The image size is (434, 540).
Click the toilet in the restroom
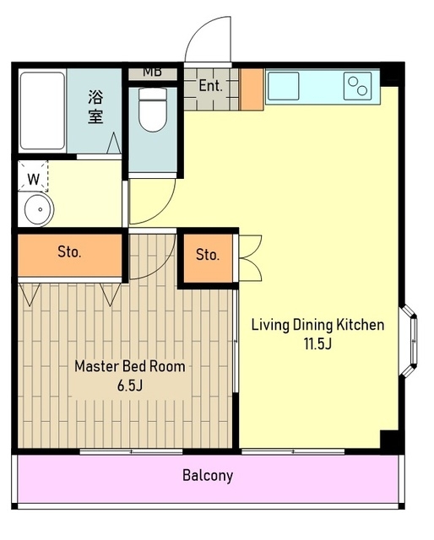coord(153,109)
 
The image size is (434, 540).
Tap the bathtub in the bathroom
coord(42,111)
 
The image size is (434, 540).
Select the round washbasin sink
coord(39,209)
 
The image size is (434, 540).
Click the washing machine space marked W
coord(33,179)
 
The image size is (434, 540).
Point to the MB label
coord(153,72)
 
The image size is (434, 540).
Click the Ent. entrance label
coord(210,85)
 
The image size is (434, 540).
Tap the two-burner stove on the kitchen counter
coord(357,86)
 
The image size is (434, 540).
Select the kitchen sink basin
coord(284,86)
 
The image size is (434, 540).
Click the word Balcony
coord(208,475)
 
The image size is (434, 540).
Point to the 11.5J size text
coord(317,343)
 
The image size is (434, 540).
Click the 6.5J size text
coord(130,386)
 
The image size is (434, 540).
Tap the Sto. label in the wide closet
coord(69,252)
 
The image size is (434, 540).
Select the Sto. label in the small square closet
coord(208,255)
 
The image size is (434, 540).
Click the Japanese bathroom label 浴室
coord(95,106)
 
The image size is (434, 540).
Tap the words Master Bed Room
coord(130,366)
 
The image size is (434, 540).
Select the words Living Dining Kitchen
coord(317,325)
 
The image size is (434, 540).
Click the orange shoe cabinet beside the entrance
coord(252,89)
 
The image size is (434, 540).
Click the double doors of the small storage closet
coord(250,257)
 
